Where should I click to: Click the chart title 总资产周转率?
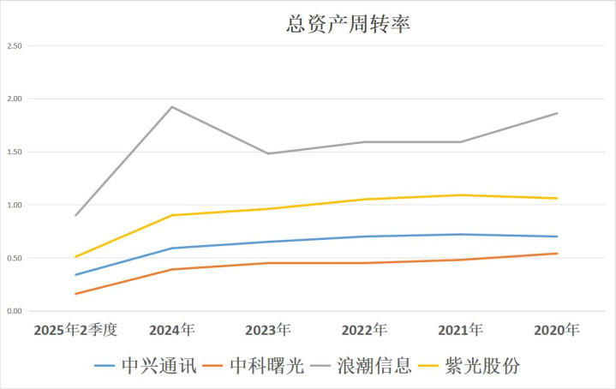(349, 25)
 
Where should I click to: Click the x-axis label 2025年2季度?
(75, 329)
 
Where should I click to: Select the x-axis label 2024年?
(172, 329)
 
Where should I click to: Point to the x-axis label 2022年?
(365, 329)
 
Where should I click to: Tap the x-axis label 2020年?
(557, 329)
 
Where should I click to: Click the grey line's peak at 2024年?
(172, 107)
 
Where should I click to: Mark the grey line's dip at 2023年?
(268, 153)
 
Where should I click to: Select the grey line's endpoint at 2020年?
(557, 113)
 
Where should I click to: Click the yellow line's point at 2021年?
(461, 195)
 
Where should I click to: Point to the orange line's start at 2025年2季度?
(76, 294)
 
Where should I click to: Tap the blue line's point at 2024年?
(172, 248)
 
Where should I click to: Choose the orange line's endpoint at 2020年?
(557, 254)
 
